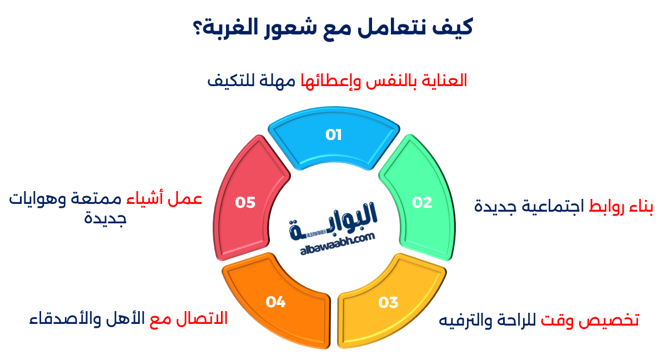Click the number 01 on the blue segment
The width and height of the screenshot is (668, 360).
[x=333, y=135]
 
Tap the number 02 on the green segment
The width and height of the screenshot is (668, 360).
[x=422, y=202]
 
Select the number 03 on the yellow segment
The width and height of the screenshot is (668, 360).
[x=388, y=302]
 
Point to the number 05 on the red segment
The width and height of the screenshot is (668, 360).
[x=245, y=202]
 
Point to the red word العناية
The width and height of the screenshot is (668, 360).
[x=444, y=81]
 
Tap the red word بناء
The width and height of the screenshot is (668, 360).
[x=641, y=206]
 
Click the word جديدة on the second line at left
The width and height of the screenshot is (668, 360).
[x=106, y=218]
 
